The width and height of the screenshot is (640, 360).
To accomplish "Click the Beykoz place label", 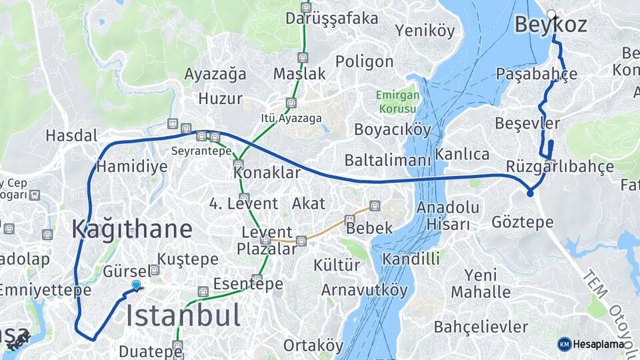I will (x=551, y=26).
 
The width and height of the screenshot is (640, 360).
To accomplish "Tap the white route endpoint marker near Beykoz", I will (x=551, y=13).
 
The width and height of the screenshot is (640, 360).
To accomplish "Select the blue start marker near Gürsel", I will (x=136, y=285).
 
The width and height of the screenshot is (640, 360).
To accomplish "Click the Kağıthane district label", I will (x=132, y=229).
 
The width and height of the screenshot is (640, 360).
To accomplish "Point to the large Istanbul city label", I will (x=183, y=315).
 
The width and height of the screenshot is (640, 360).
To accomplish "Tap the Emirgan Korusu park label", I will (x=398, y=101).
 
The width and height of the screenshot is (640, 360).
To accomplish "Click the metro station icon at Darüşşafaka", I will (x=306, y=7).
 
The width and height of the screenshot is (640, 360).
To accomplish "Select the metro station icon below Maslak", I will (x=303, y=58).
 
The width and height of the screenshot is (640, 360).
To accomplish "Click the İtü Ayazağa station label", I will (x=291, y=118).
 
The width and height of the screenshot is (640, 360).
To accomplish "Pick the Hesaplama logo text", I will (x=599, y=344).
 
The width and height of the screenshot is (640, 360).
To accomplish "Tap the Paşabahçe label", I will (x=537, y=73).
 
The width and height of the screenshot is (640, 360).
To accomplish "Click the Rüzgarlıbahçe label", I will (x=560, y=166).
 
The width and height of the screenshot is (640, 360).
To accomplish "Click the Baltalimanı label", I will (x=387, y=160).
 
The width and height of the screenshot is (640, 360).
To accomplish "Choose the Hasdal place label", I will (x=71, y=136).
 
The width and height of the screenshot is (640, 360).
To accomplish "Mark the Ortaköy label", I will (x=313, y=345).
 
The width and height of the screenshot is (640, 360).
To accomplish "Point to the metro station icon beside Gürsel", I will (x=155, y=270).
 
